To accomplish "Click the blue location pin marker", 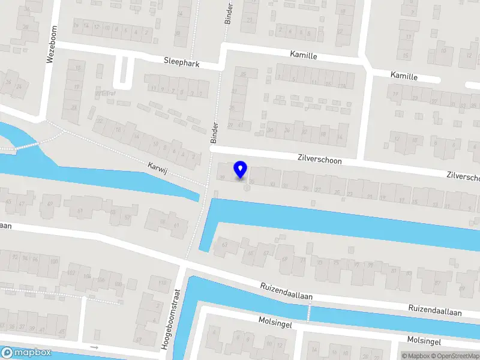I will pos(241,169).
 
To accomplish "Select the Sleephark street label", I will pos(182,62).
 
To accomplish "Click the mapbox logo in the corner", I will pos(26,353).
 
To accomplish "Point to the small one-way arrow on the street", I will pos(94,347).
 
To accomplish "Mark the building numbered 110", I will pos(161,282).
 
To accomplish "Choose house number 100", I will pos(54,262).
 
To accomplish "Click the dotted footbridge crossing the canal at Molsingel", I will pos(310,312).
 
